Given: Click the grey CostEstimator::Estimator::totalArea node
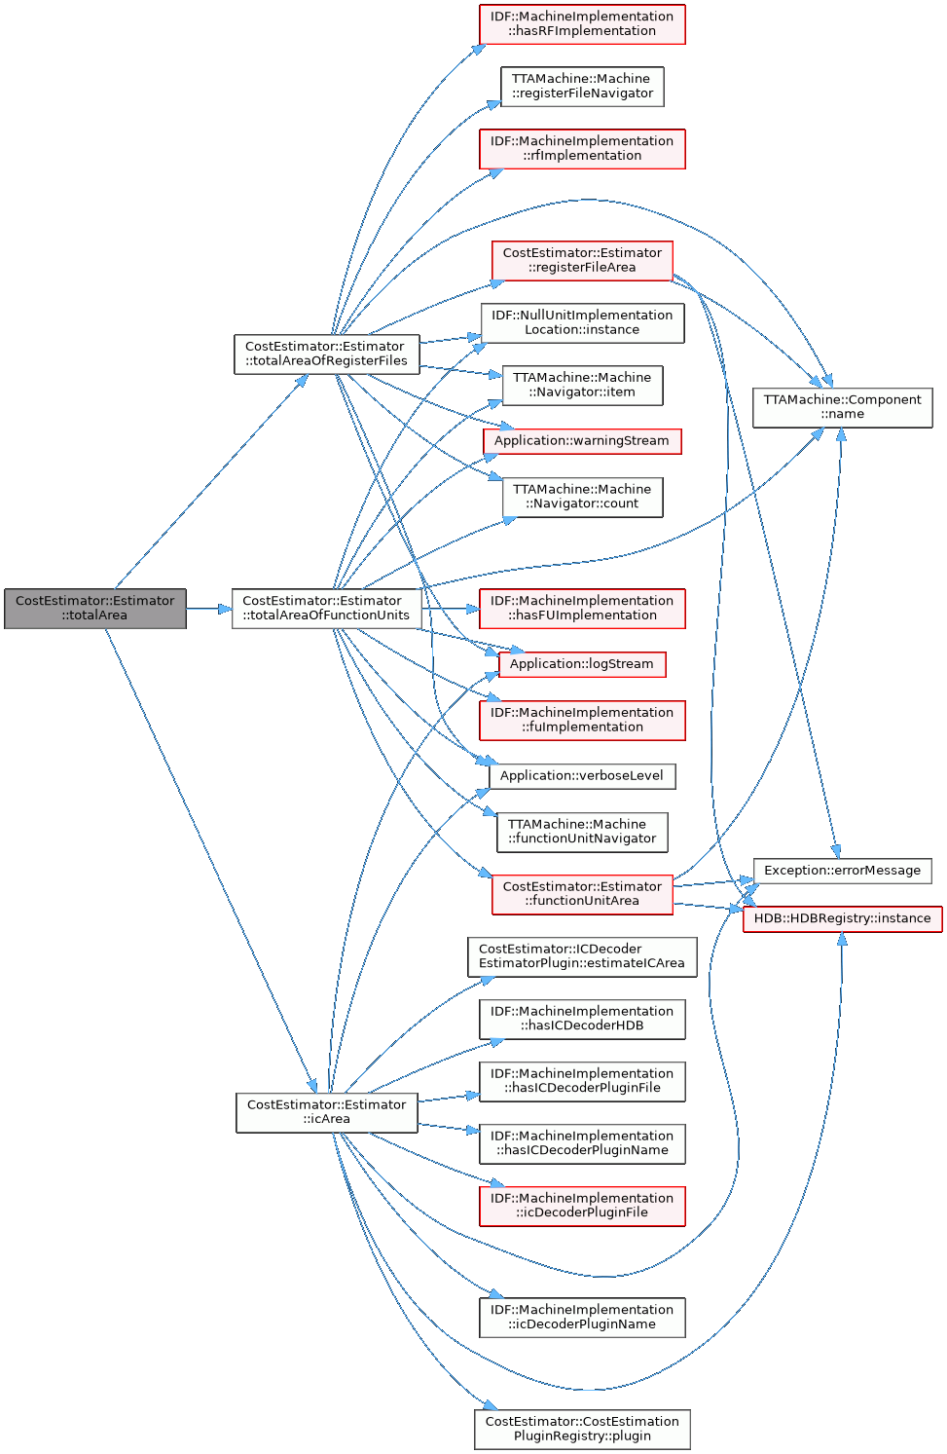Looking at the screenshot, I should (x=94, y=609).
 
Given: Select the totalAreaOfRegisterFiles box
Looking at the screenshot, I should (x=326, y=354).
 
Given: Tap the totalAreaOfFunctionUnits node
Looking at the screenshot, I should (x=326, y=609).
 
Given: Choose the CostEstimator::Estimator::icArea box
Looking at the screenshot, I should (x=326, y=1112).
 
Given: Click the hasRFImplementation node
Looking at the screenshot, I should (x=582, y=24).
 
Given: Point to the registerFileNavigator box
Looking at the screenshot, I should (x=582, y=87).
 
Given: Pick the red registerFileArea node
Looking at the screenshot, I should (x=582, y=261).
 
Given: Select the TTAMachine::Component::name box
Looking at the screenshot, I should (x=842, y=407).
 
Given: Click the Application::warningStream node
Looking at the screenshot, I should (x=582, y=441).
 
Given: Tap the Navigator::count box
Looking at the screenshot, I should (x=582, y=497).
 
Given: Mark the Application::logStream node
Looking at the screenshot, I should (x=582, y=664).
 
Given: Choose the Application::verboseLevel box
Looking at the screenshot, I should (x=582, y=776).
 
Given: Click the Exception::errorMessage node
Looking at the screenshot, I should (x=842, y=871).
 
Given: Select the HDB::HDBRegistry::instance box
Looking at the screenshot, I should (x=842, y=918).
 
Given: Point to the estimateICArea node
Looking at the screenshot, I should (x=582, y=956).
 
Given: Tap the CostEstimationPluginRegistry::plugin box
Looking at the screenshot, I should (x=582, y=1429).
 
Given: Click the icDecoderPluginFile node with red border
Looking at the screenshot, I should (x=582, y=1206).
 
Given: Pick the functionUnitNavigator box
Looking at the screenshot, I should (x=582, y=832).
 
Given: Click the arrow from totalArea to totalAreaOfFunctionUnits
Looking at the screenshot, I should (x=208, y=609).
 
